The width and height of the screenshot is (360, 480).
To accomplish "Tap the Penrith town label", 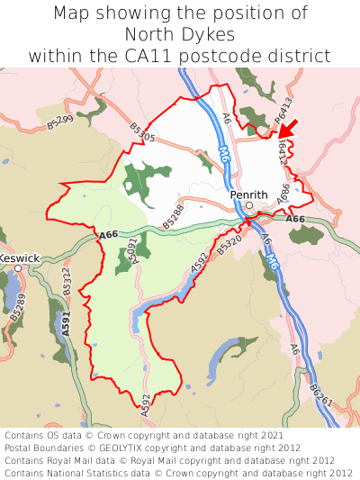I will [248, 195].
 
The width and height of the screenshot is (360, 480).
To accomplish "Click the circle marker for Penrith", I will [249, 205].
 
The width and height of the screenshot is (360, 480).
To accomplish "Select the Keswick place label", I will [19, 258].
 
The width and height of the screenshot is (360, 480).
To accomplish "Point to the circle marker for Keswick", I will [17, 268].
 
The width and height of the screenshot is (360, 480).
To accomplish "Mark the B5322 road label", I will [66, 284].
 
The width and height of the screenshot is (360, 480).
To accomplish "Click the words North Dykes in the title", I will [180, 35].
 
